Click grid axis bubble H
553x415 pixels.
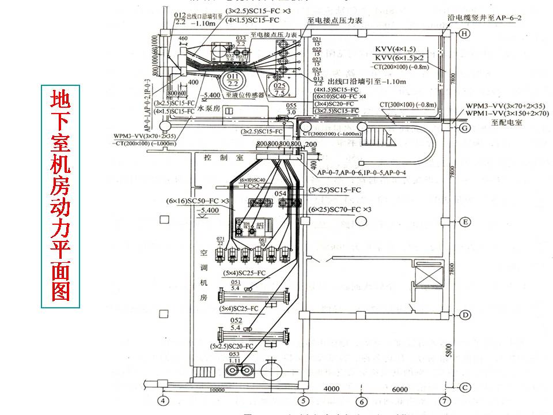point(464,34)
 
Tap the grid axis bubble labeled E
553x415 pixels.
point(464,221)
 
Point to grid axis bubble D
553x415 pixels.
point(464,315)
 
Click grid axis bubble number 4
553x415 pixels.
point(164,401)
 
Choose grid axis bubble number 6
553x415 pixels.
point(361,401)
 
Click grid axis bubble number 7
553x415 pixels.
point(444,401)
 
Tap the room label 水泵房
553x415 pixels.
point(209,107)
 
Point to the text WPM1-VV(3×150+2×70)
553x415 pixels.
point(507,114)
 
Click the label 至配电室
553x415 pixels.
point(506,123)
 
